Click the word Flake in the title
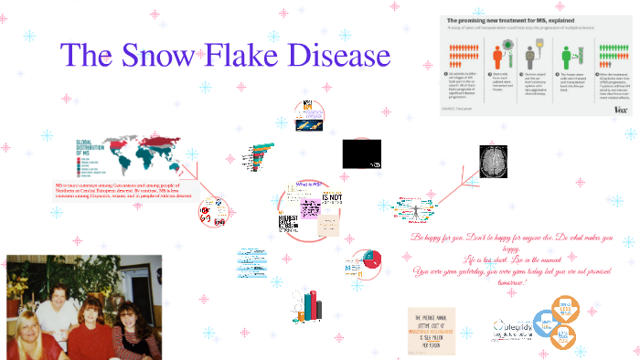[258, 56]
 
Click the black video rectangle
[361, 154]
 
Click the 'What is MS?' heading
[308, 184]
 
